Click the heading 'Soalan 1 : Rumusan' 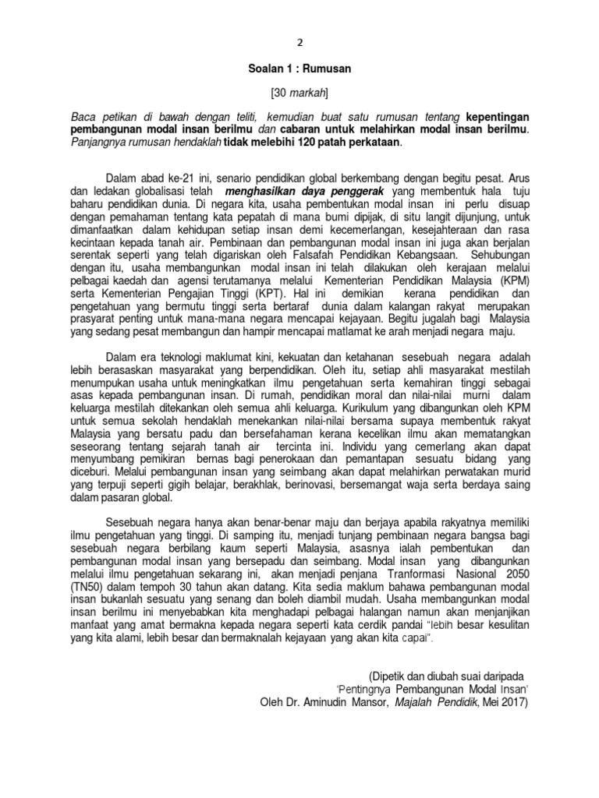pyautogui.click(x=299, y=69)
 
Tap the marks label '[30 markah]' pyautogui.click(x=299, y=94)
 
